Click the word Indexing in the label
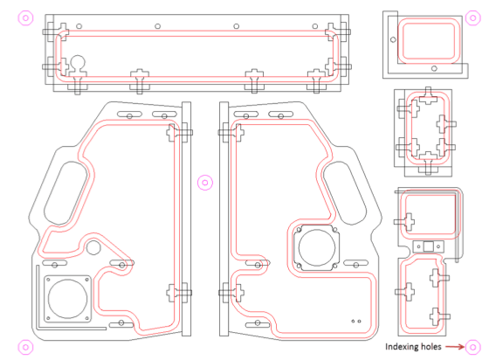click(399, 347)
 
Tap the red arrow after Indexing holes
click(455, 347)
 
